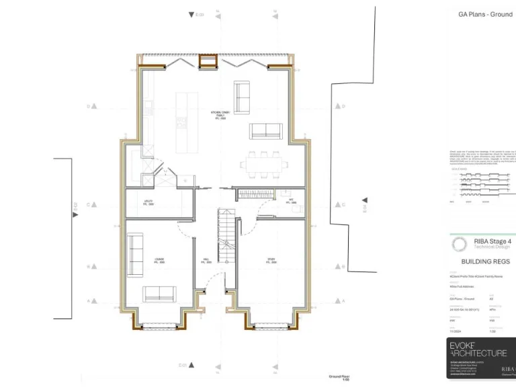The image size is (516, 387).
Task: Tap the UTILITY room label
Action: point(149,202)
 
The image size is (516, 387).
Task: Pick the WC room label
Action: point(292,201)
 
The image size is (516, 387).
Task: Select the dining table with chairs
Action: point(265,162)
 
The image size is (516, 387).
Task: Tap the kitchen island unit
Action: point(181,121)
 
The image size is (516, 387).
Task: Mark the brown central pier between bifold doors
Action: point(207,62)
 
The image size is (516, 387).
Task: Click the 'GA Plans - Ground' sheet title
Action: point(485,14)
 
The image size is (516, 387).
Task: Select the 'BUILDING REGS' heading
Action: point(485,261)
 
